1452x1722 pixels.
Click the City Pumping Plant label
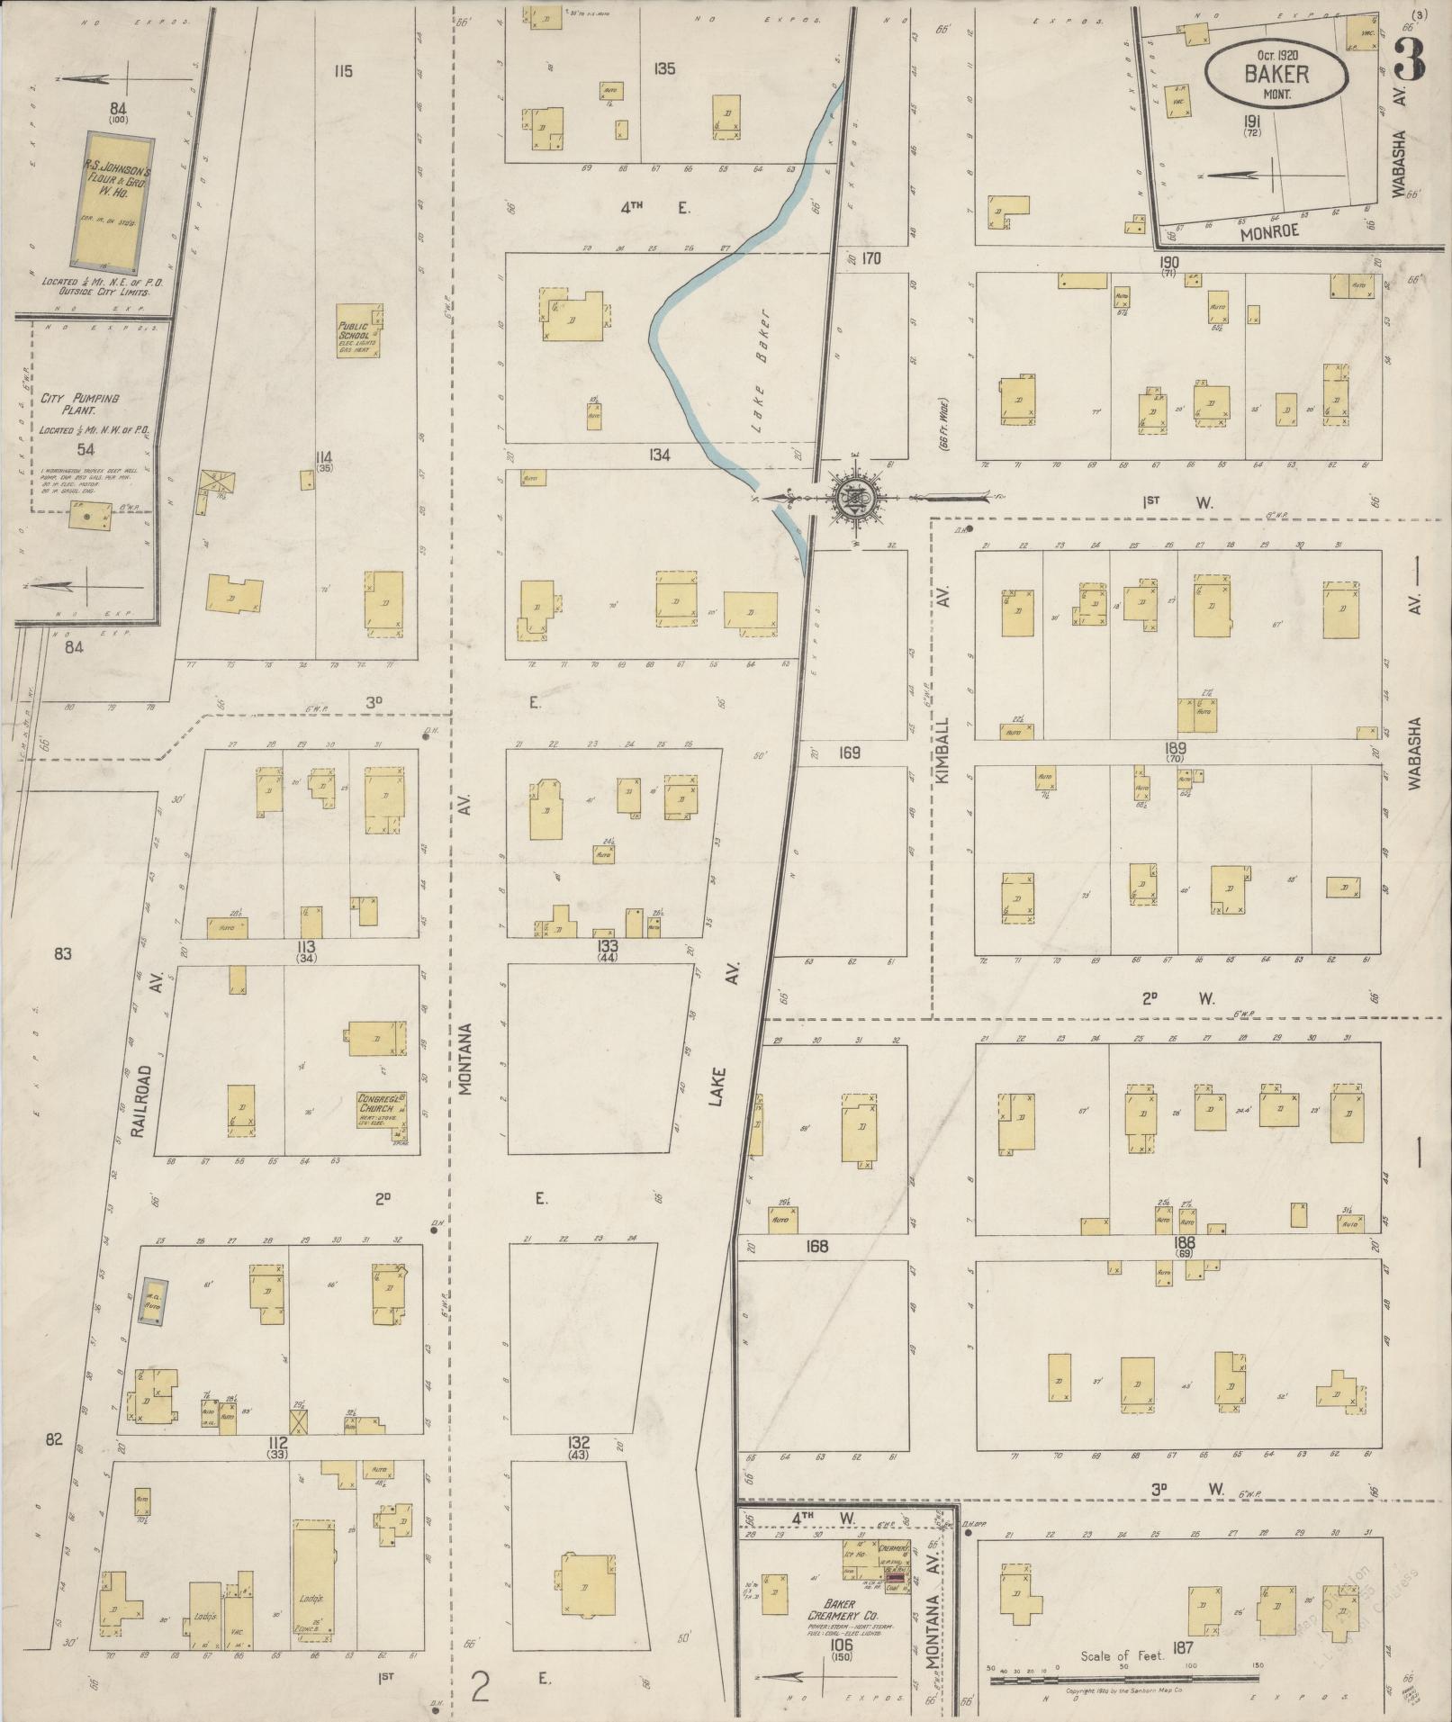coord(80,404)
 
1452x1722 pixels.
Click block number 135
coord(665,68)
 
